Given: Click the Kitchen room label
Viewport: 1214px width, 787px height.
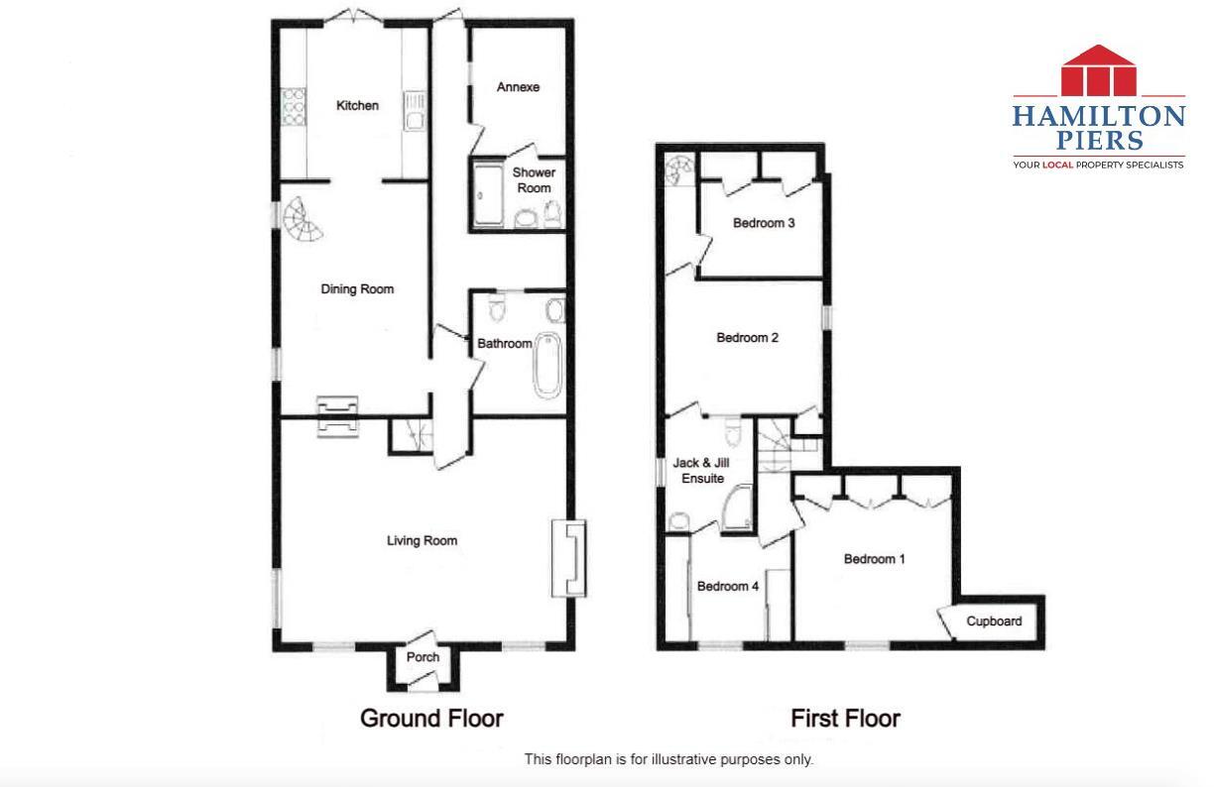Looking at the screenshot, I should (x=357, y=106).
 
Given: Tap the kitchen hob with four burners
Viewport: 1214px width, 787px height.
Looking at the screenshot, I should (x=294, y=107).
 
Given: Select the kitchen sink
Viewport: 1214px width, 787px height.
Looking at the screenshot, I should (x=415, y=109).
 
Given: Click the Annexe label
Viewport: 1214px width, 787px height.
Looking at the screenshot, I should (x=518, y=87).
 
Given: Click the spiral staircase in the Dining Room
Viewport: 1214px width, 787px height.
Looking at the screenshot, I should (x=303, y=222).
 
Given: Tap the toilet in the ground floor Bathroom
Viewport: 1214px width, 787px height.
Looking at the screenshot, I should (x=499, y=311).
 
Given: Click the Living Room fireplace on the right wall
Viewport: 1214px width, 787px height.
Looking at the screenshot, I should (x=569, y=558).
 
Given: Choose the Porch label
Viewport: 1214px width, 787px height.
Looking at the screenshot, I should (x=424, y=657).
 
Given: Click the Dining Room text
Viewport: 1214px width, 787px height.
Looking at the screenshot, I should (x=357, y=289).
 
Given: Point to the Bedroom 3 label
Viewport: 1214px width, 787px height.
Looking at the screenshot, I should (x=764, y=223).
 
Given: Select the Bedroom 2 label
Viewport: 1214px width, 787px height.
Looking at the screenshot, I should (x=748, y=338).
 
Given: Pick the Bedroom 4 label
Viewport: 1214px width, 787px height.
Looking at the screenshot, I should (x=727, y=587).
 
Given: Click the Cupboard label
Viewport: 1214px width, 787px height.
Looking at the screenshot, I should (x=994, y=621).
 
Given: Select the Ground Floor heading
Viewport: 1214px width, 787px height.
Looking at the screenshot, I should (x=431, y=718).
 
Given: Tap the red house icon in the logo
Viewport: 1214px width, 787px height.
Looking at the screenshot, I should (x=1098, y=69).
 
